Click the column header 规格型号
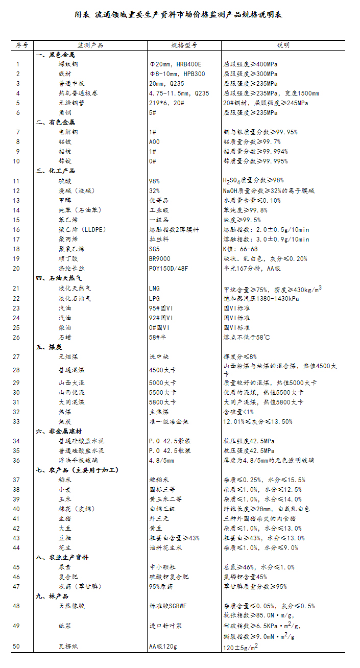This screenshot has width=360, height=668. click(184, 45)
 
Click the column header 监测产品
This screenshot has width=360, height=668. click(90, 45)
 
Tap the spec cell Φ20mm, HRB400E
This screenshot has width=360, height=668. click(175, 64)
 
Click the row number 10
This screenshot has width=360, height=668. click(17, 161)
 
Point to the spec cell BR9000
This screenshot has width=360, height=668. click(160, 259)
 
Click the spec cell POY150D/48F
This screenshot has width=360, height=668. click(168, 269)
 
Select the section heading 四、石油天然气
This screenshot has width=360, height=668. click(58, 278)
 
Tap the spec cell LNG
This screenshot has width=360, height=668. click(154, 289)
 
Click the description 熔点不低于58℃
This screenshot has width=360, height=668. click(246, 337)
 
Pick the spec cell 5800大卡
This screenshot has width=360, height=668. click(162, 402)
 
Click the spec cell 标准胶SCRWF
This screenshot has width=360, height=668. click(169, 606)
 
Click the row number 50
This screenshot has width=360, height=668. click(17, 647)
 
